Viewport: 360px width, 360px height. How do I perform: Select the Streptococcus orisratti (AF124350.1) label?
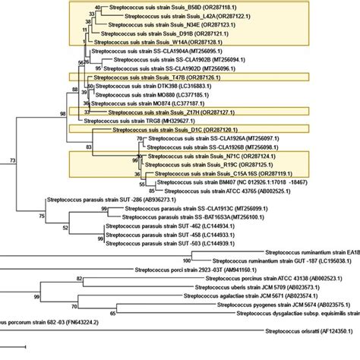(x=313, y=332)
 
